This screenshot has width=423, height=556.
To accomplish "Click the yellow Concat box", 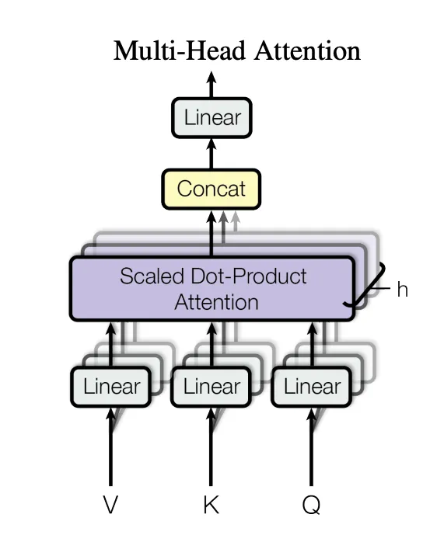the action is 211,189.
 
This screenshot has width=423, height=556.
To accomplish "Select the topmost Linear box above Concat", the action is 212,117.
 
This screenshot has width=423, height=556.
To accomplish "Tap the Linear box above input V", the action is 111,387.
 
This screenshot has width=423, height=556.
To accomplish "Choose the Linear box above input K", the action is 211,387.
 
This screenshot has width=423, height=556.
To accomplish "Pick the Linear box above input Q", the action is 312,387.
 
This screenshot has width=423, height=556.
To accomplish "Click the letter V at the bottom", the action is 110,504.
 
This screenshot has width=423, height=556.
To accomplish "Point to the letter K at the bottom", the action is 211,504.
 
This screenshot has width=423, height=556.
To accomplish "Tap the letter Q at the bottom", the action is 312,505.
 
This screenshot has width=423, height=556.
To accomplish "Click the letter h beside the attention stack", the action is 402,290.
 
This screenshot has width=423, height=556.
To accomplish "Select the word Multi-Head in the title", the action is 180,50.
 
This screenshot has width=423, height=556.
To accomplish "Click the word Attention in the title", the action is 308,50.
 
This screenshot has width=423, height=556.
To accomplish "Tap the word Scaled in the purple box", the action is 152,276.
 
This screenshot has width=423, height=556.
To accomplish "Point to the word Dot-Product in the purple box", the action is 249,276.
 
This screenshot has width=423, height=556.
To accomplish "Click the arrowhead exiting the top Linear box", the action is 211,78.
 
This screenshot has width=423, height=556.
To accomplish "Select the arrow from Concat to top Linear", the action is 211,153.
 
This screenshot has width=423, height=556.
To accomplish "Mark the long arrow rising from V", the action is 111,446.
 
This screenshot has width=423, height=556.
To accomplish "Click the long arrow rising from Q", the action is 312,446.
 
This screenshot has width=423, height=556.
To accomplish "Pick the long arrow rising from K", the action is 211,446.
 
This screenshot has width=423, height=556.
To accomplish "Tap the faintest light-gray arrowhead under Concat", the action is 235,217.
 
